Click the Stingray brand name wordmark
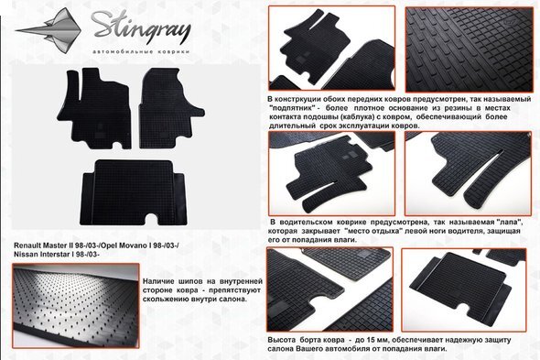tap(141, 27)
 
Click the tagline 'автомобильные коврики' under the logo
tap(141, 51)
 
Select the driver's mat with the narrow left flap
tap(94, 108)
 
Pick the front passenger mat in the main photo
tap(168, 108)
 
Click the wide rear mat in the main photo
tap(134, 192)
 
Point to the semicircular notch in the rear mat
tap(152, 219)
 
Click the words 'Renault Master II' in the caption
tap(38, 245)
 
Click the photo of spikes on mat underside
tap(76, 306)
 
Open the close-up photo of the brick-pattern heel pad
tap(469, 49)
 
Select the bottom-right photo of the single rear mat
tap(464, 289)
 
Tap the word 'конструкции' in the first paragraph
tap(297, 99)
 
